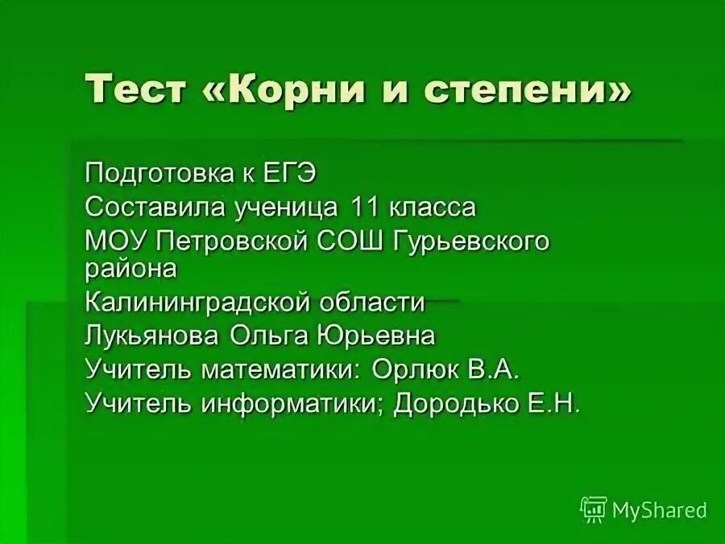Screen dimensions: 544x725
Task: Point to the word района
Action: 130,270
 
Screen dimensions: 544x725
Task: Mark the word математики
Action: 282,369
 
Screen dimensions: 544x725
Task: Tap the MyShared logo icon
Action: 593,509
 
